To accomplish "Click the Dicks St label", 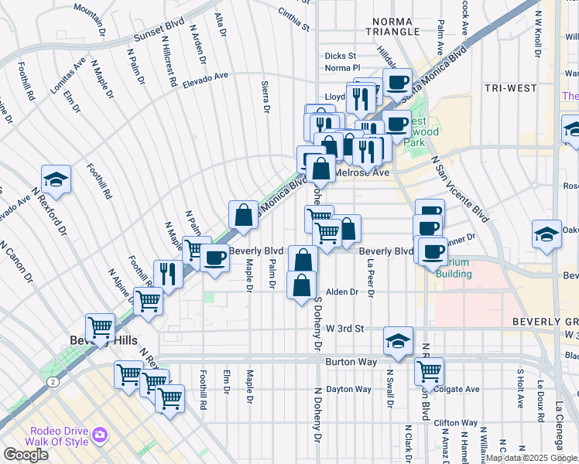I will pos(340,56).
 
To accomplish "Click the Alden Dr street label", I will pos(341,292).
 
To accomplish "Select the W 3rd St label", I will pos(344,329).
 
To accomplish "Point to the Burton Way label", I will pos(350,361).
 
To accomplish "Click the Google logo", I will pos(26,455).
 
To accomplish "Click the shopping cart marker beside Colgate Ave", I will pos(428,370).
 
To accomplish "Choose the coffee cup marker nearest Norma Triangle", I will pos(398,81).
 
